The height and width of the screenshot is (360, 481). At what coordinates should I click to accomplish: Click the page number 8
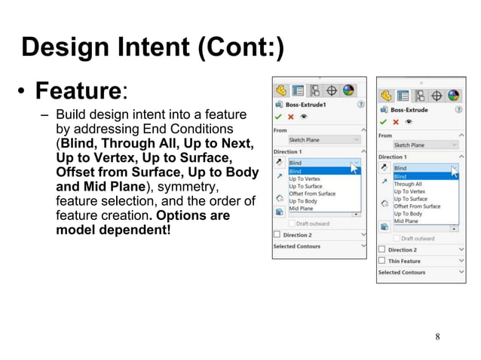point(438,336)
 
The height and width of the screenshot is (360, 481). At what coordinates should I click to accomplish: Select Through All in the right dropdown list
point(408,184)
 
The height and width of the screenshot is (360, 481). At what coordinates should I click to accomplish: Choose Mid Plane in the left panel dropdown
point(301,209)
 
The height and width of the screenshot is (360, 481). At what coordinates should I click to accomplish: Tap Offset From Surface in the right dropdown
point(417,206)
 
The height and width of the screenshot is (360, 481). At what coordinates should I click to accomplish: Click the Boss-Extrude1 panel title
point(307,105)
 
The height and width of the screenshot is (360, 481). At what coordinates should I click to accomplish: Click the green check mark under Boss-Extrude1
point(278,117)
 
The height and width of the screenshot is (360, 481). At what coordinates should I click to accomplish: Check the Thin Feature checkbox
point(382,261)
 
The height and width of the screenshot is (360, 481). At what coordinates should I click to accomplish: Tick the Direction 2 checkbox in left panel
point(277,235)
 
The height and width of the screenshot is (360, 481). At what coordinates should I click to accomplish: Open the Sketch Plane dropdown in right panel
point(425,145)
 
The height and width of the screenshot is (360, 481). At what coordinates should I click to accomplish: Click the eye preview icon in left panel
point(303,117)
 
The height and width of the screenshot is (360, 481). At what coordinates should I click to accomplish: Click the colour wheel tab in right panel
point(453,95)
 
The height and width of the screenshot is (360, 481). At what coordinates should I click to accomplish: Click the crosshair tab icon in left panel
point(332,90)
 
